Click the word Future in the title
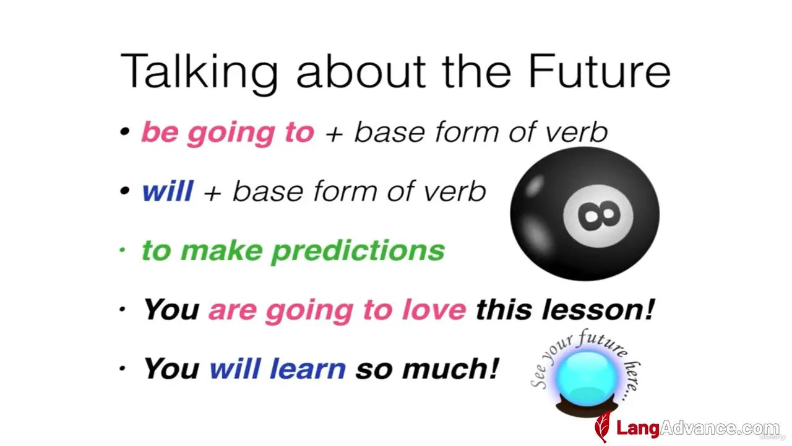point(600,71)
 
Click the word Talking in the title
point(199,74)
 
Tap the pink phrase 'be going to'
point(228,133)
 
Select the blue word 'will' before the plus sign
point(168,191)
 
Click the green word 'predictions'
point(358,251)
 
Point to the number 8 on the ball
point(598,216)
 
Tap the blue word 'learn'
point(308,369)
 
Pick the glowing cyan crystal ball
point(587,378)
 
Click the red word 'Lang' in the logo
point(638,428)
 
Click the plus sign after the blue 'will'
point(212,193)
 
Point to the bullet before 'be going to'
point(125,132)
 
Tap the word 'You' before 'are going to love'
point(171,310)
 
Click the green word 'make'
point(222,250)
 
